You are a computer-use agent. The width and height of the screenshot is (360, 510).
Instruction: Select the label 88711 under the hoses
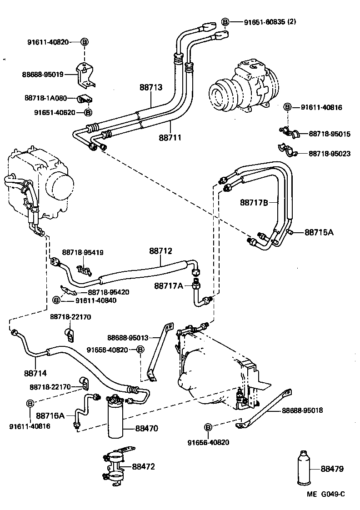170,136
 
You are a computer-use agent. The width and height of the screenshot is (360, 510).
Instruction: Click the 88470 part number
146,428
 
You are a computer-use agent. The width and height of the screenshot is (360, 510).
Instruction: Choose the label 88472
144,466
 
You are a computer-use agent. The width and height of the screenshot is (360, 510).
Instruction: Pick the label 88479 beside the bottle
331,469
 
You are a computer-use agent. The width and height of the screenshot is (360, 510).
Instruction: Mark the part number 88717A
168,285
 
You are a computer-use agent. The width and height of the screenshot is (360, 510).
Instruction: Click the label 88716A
50,415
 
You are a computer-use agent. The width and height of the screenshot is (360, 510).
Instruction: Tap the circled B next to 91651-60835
225,21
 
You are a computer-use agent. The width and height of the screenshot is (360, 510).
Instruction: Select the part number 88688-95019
43,74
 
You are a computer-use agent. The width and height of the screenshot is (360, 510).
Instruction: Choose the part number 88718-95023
330,154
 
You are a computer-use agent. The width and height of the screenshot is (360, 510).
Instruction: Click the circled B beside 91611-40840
56,300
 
